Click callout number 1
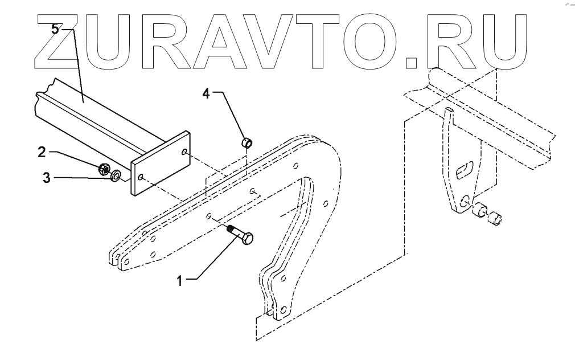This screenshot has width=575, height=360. point(180,280)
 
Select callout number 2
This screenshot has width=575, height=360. point(42,152)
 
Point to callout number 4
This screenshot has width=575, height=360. point(207,93)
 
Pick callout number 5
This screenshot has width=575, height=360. point(55,30)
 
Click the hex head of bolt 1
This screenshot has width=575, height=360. point(247,239)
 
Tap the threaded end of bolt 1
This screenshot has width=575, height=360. point(231,230)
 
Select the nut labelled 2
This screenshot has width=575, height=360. point(104,168)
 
